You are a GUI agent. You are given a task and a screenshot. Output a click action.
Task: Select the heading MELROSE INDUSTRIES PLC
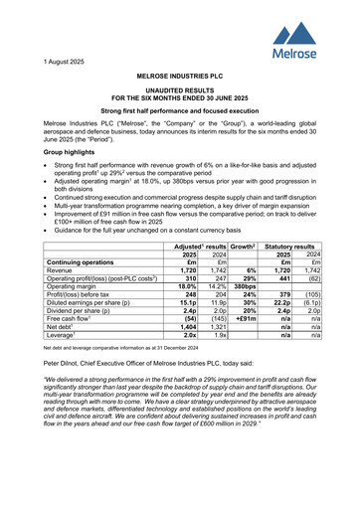pyautogui.click(x=179, y=76)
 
